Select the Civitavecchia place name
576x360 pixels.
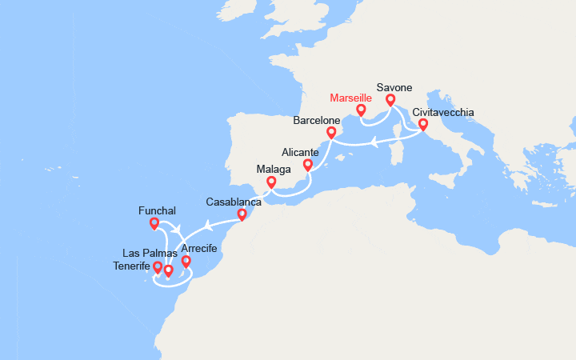click(442, 113)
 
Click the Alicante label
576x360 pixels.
click(300, 152)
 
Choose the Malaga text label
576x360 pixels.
click(274, 170)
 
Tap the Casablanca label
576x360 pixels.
click(233, 202)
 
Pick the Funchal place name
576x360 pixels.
click(156, 210)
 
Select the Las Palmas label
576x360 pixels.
click(150, 254)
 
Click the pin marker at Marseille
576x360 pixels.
click(361, 110)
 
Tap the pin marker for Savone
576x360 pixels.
click(390, 100)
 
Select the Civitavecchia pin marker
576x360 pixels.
click(423, 124)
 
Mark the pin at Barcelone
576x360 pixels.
click(330, 132)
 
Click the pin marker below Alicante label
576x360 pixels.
click(307, 165)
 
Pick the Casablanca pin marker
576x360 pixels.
click(242, 214)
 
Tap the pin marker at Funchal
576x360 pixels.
click(154, 223)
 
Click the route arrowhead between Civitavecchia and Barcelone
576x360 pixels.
click(374, 143)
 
